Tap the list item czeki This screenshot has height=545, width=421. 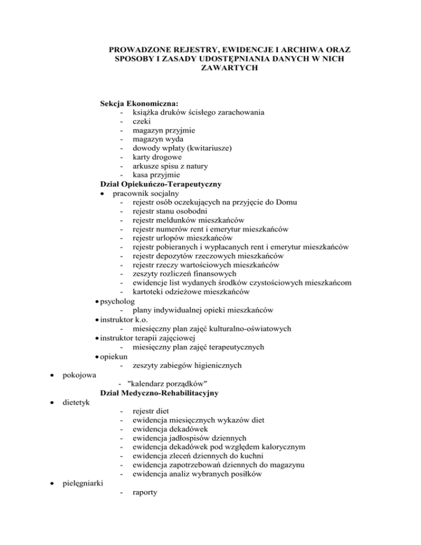point(136,122)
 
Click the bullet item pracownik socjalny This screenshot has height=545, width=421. point(147,194)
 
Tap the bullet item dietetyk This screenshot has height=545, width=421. point(76,402)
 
